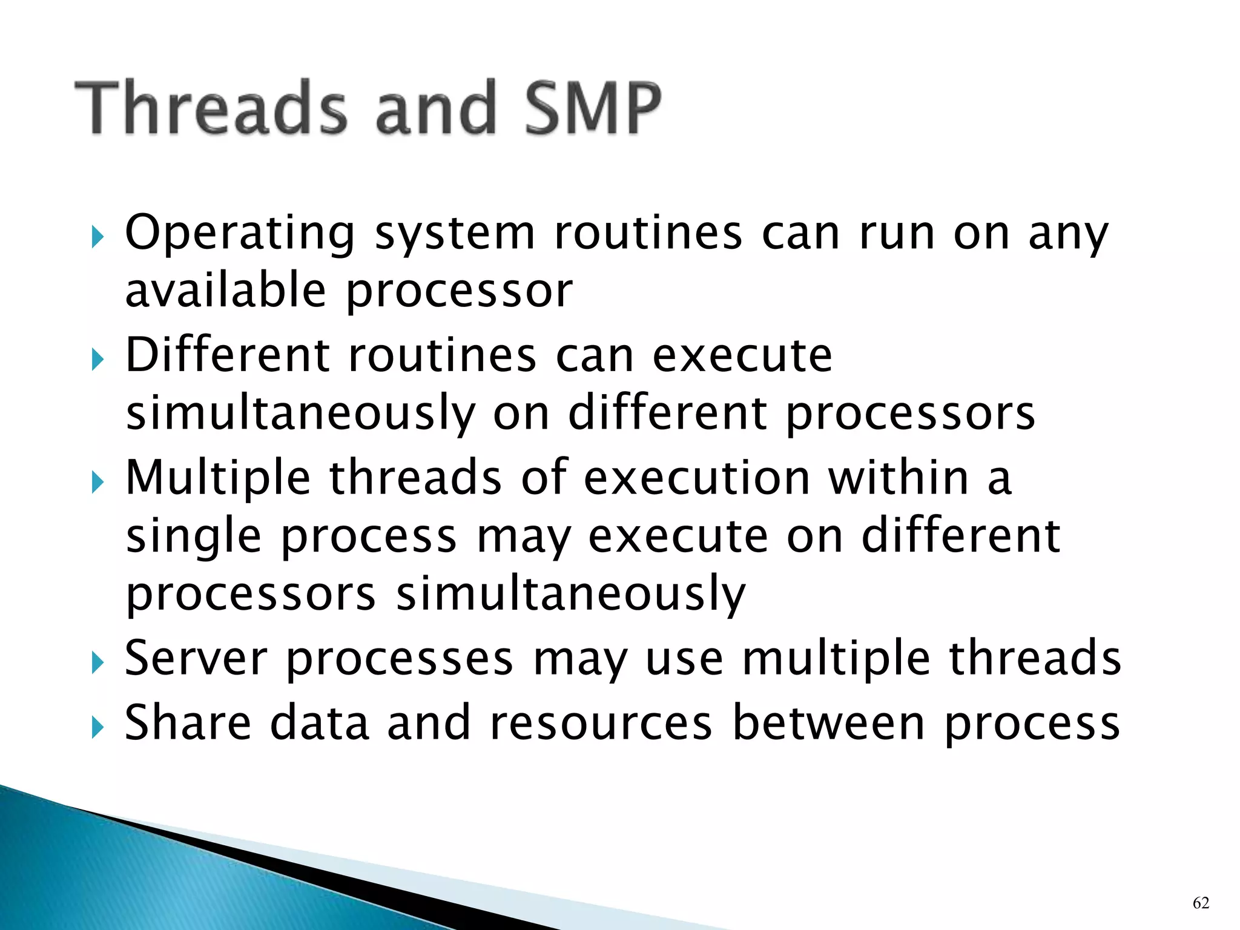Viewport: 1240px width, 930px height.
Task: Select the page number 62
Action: (x=1201, y=903)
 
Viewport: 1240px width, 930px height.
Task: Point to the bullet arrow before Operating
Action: (x=98, y=238)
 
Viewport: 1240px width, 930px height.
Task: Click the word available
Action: (x=226, y=291)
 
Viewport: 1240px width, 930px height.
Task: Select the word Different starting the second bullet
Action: (x=227, y=355)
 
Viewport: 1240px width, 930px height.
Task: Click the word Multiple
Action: (x=218, y=478)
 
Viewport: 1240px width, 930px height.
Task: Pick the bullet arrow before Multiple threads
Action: (x=98, y=483)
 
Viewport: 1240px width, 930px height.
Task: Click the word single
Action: (x=194, y=538)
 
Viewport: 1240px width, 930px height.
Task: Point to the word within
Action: (x=899, y=478)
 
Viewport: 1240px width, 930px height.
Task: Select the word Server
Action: (x=196, y=659)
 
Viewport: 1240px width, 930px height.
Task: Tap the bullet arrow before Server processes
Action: (x=98, y=664)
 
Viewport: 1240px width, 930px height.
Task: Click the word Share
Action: (x=188, y=723)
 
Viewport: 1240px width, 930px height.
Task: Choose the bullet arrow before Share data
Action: (x=98, y=728)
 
